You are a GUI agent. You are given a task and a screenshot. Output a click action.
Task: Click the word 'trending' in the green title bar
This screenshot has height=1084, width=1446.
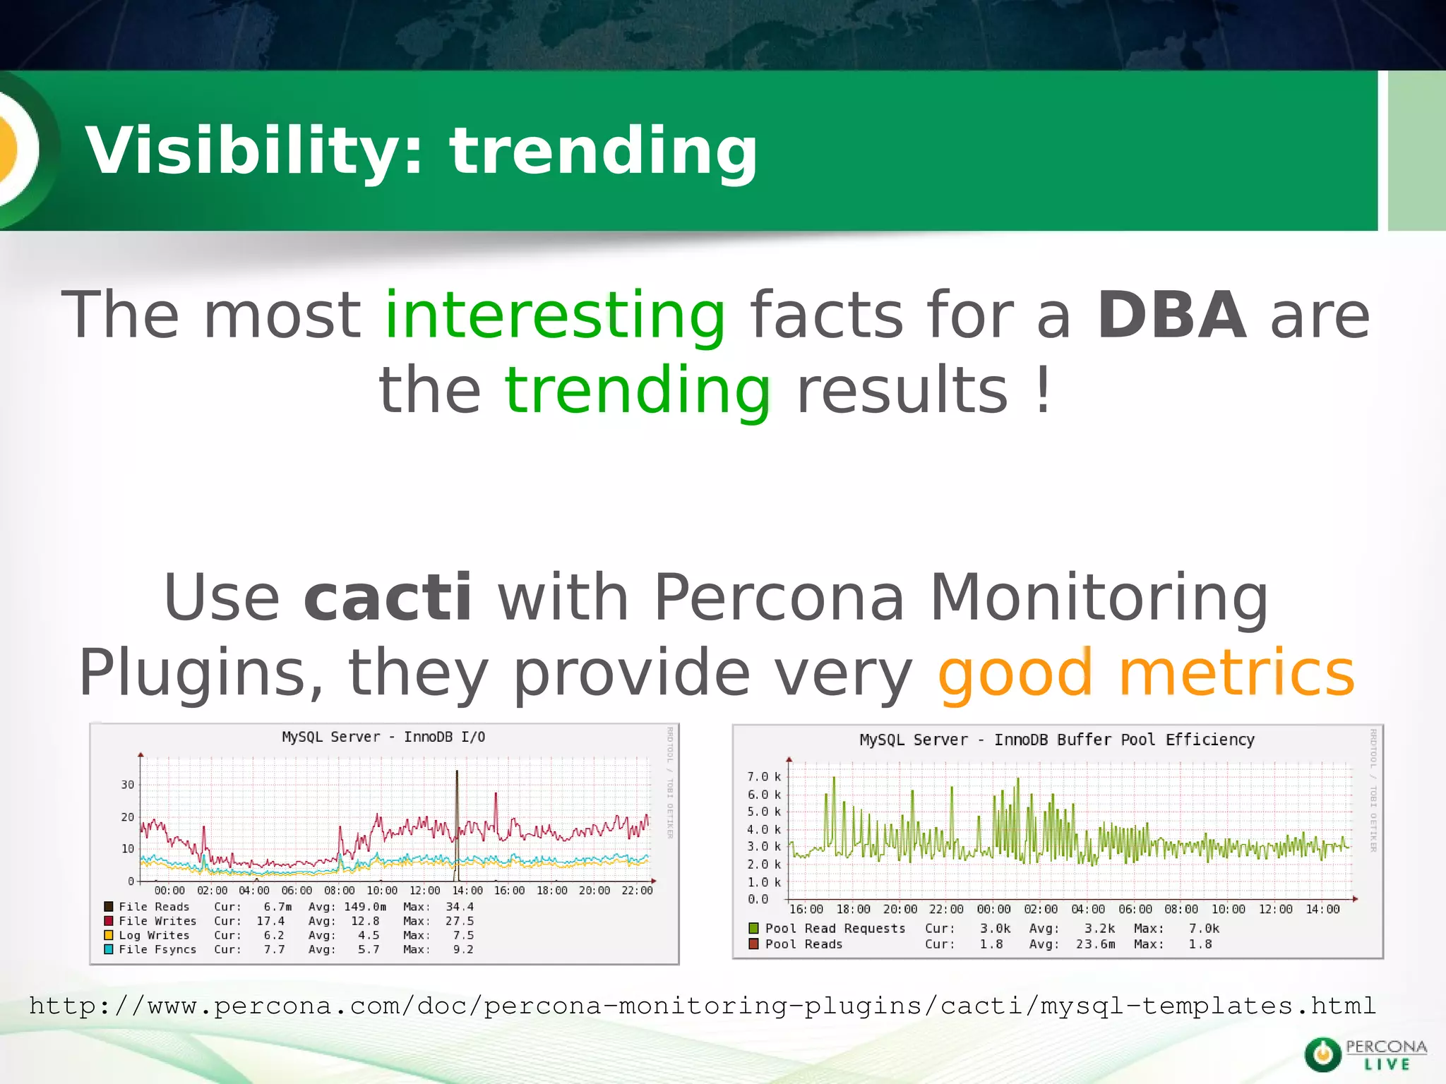coord(604,151)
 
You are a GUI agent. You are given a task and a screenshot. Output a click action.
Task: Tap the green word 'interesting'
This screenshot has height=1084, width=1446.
coord(555,315)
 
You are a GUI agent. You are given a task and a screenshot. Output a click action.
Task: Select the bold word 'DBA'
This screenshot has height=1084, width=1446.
coord(1172,315)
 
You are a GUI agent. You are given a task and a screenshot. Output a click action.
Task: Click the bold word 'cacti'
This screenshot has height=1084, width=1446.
coord(387,597)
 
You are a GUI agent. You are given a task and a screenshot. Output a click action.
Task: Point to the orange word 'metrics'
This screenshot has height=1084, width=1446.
coord(1236,673)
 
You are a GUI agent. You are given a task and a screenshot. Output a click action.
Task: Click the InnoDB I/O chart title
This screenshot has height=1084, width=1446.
coord(383,737)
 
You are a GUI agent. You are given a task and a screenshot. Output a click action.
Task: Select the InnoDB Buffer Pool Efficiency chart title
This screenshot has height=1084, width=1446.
coord(1056,740)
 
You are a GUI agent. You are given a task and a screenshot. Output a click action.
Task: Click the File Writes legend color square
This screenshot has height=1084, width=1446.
coord(109,921)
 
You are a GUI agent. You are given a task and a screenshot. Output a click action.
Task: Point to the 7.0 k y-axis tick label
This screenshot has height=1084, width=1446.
coord(764,777)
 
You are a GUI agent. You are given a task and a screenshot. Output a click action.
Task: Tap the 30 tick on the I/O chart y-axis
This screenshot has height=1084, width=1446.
coord(127,785)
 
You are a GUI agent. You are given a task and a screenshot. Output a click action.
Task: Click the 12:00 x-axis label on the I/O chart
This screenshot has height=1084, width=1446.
coord(424,891)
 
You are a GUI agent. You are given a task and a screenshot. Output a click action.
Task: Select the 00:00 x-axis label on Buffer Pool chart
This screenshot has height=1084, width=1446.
coord(993,910)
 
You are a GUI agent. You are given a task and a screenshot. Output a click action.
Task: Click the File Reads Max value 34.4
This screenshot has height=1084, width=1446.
coord(460,907)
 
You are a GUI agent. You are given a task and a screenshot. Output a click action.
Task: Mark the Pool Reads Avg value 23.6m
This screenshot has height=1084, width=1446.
coord(1095,944)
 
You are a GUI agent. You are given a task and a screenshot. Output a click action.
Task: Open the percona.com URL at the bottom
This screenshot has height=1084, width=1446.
coord(703,1006)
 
